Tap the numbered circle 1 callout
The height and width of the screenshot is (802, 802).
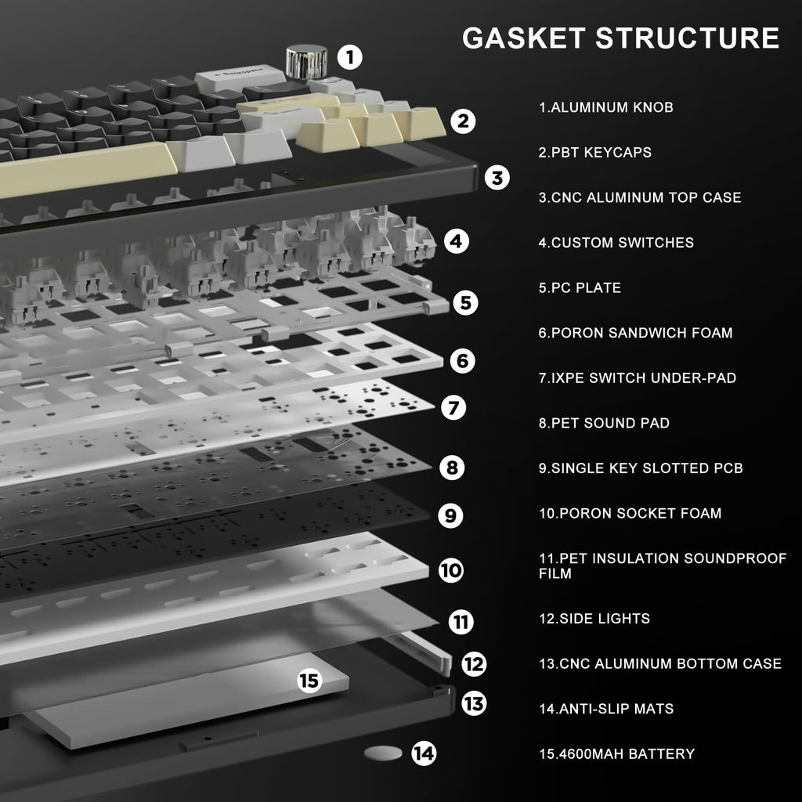(350, 56)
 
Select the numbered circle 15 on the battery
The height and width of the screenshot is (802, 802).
(310, 681)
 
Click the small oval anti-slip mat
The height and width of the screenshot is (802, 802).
(383, 753)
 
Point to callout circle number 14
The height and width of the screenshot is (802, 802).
(424, 753)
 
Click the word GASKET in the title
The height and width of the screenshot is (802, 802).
(523, 38)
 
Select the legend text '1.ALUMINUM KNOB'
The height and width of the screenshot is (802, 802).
(605, 107)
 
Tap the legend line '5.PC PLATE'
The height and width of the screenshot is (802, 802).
(580, 287)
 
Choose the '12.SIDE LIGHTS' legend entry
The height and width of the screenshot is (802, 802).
(594, 619)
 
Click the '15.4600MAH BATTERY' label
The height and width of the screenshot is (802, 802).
(616, 754)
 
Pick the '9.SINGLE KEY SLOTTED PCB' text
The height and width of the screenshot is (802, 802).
(641, 468)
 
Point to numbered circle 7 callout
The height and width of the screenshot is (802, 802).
(453, 407)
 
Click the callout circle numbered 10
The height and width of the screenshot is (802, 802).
(451, 569)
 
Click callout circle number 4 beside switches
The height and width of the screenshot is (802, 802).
(457, 241)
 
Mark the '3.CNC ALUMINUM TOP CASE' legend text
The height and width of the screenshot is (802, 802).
(639, 197)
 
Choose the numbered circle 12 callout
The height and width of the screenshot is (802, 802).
(474, 664)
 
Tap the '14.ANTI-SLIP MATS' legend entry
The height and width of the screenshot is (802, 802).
(605, 709)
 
